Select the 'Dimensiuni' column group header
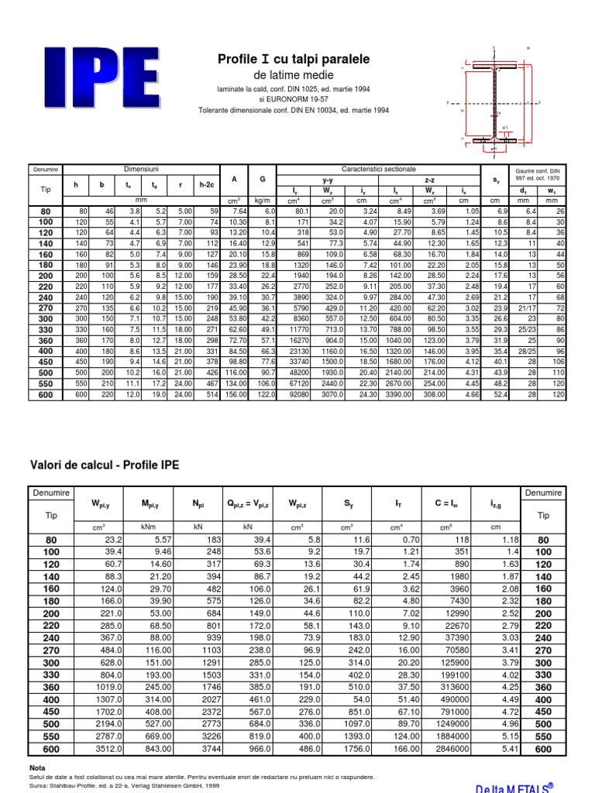click(142, 169)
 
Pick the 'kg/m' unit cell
click(263, 201)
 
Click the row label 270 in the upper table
click(45, 307)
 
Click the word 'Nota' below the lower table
click(38, 767)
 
